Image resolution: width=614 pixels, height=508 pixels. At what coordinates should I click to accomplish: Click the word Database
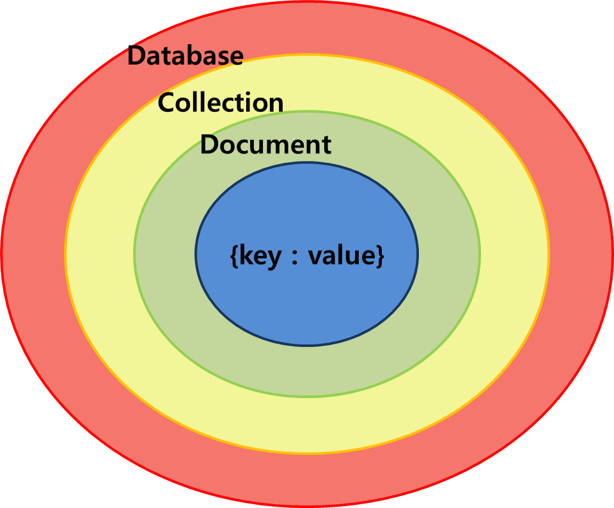[x=185, y=56]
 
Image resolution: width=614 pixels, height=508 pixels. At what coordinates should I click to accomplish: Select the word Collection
[x=221, y=102]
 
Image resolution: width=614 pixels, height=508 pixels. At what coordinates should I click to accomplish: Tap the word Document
[x=265, y=144]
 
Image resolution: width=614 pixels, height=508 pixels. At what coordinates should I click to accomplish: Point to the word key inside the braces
[x=260, y=256]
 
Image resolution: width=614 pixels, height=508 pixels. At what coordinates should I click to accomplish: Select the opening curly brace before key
[x=233, y=256]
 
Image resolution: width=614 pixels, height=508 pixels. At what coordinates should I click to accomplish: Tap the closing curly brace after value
[x=380, y=256]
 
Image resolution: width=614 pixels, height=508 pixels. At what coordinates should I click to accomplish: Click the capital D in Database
[x=136, y=56]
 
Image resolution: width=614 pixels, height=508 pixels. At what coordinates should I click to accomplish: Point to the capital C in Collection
[x=167, y=102]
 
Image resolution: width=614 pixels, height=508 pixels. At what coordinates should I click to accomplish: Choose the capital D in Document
[x=209, y=144]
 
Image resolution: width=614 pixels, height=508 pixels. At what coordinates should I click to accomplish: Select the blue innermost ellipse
[x=307, y=300]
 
